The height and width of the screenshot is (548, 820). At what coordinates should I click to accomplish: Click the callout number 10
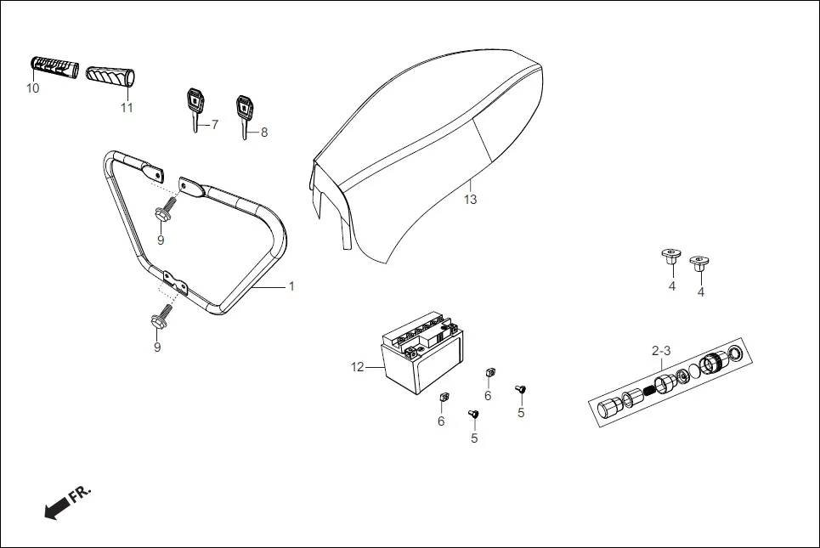coord(33,88)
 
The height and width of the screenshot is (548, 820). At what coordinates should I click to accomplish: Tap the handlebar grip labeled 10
coord(55,67)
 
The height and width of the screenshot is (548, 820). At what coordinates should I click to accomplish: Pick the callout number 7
coord(214,125)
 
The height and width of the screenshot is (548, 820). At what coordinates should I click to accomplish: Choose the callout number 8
coord(264,133)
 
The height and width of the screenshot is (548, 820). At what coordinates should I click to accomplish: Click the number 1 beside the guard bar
coord(291,286)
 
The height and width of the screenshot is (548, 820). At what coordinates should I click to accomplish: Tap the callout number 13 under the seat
coord(470,200)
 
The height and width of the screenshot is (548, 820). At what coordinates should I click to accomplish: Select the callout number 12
coord(357,367)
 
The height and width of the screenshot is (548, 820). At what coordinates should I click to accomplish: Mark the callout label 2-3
coord(661,351)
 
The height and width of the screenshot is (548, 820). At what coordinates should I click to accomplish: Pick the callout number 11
coord(127,108)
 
